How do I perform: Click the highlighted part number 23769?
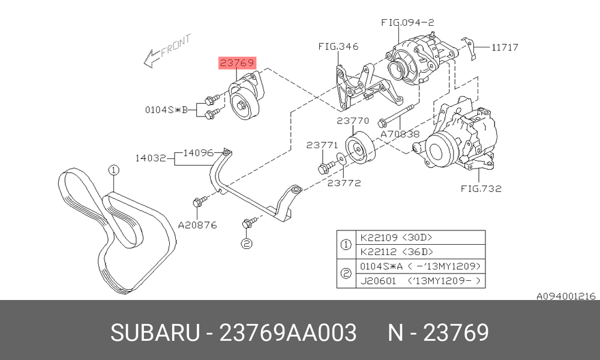tap(237, 63)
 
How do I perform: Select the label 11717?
tap(505, 47)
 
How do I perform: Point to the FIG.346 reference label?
tap(338, 46)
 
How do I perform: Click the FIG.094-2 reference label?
tap(407, 23)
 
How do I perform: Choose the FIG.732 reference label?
tap(481, 188)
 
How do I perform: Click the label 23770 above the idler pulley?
tap(353, 121)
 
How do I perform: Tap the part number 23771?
tap(322, 145)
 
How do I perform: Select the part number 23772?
tap(344, 183)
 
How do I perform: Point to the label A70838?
tap(400, 134)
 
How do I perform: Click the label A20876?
tap(197, 225)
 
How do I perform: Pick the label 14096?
tap(198, 153)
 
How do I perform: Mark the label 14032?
tap(151, 158)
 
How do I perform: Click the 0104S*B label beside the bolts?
tap(166, 110)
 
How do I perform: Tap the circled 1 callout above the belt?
tap(113, 170)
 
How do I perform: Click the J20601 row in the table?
tap(421, 281)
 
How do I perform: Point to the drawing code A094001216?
tap(566, 296)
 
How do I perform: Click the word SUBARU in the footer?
tap(155, 332)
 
